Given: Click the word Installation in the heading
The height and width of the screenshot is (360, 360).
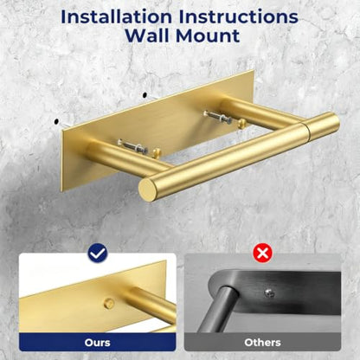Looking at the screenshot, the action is coord(117,17).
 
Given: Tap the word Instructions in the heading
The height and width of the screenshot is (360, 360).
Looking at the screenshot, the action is coord(238,17).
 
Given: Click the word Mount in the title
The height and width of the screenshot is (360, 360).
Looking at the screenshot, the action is coord(208,35).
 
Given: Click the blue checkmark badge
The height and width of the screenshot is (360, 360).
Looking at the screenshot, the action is coord(98,254).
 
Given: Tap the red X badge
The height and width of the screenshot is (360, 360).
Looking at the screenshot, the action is coord(262,254).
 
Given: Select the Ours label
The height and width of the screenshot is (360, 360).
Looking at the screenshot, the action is coord(98,343).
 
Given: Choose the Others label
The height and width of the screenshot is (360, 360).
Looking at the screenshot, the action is coord(262,343).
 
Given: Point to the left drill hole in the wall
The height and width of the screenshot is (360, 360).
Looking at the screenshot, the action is coord(56,122).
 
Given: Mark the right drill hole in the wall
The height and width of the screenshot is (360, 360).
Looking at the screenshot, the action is coord(145,94).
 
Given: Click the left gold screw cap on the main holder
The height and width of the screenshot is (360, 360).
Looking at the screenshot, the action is coord(156,152).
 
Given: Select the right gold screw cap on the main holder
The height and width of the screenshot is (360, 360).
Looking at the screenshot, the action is coord(241,124).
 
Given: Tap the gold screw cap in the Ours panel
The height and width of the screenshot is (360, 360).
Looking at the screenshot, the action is coord(109,303).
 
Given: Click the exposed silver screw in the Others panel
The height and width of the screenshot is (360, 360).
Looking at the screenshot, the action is coord(269,293).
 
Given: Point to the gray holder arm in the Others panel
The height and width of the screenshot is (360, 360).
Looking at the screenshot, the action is coord(223,308).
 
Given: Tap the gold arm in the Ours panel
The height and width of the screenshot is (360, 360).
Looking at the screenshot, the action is coord(150,303).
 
